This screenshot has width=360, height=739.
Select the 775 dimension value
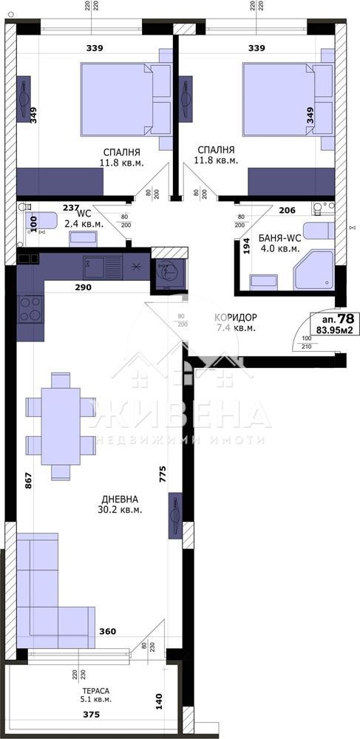pyautogui.click(x=162, y=471)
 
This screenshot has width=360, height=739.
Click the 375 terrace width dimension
pyautogui.click(x=90, y=715)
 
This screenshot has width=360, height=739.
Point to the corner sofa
pyautogui.click(x=52, y=591)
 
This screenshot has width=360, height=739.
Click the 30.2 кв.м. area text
pyautogui.click(x=119, y=509)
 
